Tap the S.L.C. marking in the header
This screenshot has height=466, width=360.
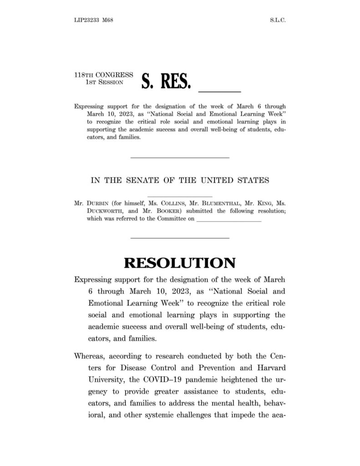[x=277, y=20]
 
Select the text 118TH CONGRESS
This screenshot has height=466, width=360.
[x=103, y=75]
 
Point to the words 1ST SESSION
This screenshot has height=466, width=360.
[x=104, y=82]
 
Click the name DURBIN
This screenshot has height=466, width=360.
[x=96, y=204]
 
